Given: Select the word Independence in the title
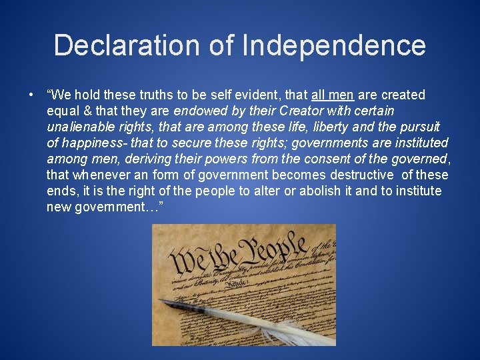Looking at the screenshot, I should (335, 45).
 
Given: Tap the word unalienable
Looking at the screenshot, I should (80, 127).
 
